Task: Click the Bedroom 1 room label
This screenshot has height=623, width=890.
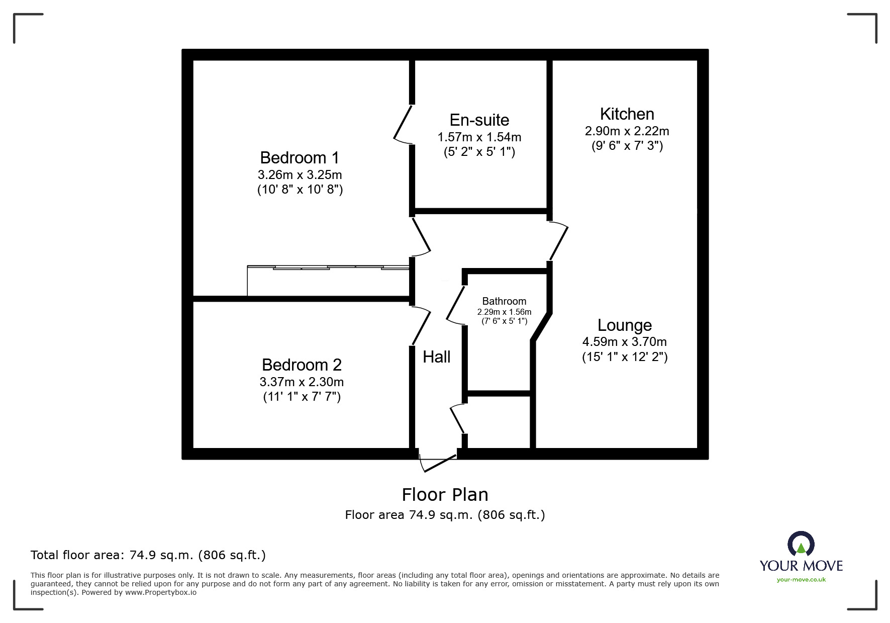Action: pos(300,158)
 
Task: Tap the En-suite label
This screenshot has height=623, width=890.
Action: pos(479,120)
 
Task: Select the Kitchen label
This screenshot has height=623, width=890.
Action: pos(627,114)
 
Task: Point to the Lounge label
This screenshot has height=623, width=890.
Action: pos(624,325)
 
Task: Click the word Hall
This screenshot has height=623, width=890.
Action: pos(436,357)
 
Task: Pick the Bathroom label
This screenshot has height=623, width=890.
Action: pos(504,301)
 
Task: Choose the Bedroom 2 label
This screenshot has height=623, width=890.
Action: pos(302,365)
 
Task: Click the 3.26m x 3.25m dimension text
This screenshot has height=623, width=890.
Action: pos(300,175)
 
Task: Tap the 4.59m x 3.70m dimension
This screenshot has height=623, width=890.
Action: pos(624,342)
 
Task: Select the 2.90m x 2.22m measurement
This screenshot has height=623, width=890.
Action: pos(627,131)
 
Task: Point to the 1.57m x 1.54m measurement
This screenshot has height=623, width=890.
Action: pos(479,137)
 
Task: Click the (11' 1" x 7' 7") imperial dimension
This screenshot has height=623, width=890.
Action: pos(302,397)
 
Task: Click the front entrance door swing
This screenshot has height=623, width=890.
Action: pos(437,463)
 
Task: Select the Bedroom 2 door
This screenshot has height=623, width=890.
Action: pos(421,326)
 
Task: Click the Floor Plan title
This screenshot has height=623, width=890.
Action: pos(445,495)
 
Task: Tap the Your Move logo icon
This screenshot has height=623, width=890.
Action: pos(801,545)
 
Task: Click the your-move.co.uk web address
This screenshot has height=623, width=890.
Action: pos(801,580)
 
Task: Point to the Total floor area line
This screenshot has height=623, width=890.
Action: pos(148,555)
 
